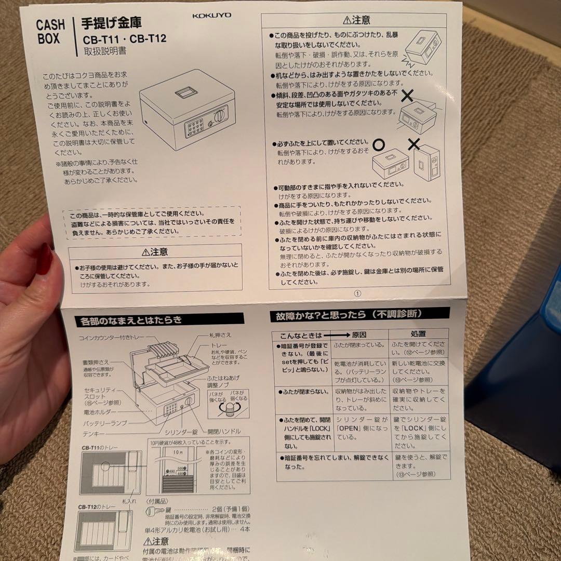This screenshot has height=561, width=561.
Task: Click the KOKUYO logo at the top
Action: point(211,15)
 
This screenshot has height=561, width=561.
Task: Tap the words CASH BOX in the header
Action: point(50,32)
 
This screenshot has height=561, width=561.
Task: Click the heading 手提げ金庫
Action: point(112,23)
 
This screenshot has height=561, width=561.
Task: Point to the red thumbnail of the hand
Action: point(45,258)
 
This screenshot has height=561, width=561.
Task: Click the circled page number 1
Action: point(357,293)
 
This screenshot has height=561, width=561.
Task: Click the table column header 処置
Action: point(418,334)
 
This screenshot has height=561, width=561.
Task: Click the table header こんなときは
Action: point(301,336)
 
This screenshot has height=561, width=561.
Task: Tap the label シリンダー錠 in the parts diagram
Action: point(181,432)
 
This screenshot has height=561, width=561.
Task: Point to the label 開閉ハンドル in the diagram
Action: point(224,431)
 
